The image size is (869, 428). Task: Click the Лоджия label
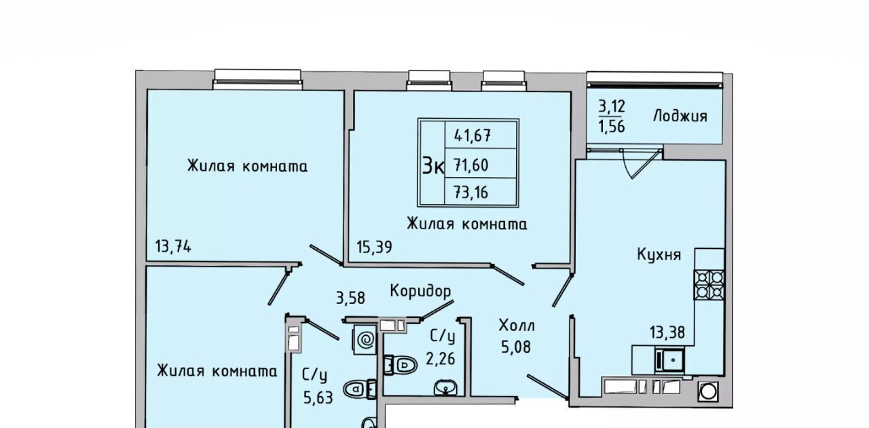680,116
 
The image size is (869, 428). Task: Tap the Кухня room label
659,255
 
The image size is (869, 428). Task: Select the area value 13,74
173,247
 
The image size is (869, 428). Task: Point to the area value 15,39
374,247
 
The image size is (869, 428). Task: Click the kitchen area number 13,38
667,332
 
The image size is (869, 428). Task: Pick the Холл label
517,326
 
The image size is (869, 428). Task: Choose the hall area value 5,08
515,347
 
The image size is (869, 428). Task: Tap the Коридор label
420,291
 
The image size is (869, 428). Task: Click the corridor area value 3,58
350,298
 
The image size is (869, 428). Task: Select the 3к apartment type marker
433,166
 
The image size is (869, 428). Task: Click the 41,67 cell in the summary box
473,136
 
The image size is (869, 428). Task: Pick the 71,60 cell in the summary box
471,166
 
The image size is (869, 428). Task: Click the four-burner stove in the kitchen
709,285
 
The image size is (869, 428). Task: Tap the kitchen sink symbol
669,360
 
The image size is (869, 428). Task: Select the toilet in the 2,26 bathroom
401,365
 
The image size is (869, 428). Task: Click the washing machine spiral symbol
365,340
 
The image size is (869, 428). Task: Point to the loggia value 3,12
612,106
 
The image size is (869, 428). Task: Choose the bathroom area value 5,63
318,397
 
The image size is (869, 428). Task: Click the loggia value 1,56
612,126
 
